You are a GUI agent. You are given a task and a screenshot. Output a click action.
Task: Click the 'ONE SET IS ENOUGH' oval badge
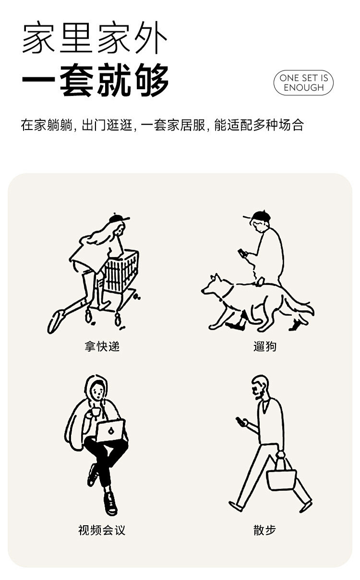303,83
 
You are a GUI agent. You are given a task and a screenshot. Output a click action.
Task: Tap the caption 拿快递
102,346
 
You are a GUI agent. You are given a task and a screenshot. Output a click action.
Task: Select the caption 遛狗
264,346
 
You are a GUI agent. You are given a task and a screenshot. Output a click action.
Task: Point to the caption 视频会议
102,530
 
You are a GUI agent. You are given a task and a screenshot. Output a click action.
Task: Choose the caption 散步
264,530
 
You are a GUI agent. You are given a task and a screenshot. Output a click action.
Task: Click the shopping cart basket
121,270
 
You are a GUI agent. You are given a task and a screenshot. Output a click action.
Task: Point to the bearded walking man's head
260,387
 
